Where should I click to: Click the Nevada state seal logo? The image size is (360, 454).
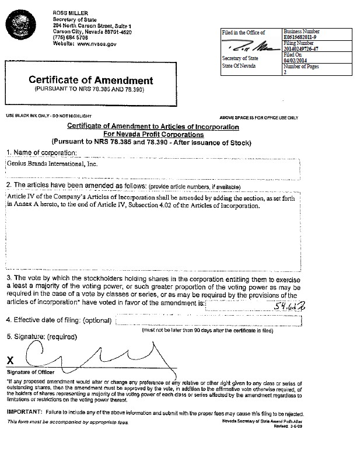tap(22, 25)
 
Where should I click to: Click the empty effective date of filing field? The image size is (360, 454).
tap(233, 320)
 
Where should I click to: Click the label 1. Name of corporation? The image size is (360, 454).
tap(41, 152)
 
